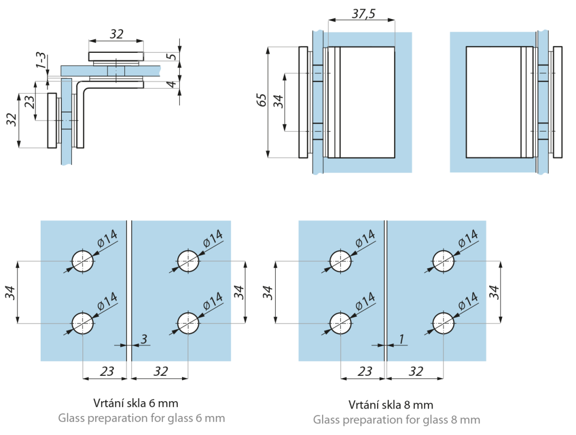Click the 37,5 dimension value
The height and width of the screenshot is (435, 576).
point(363,14)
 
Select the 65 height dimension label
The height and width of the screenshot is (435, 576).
point(261,100)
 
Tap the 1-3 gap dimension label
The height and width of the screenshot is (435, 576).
point(41,61)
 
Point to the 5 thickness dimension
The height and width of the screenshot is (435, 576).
point(171,57)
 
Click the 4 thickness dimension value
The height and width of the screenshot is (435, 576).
point(171,85)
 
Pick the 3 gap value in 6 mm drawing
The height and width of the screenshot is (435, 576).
point(144,339)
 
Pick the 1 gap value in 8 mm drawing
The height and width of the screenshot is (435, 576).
point(401,339)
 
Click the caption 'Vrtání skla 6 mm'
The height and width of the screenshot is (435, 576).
point(135,403)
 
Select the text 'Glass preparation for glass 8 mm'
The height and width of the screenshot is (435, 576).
point(396,420)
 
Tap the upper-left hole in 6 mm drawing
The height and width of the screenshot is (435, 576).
point(83,261)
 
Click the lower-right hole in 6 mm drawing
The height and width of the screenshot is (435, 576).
point(188,323)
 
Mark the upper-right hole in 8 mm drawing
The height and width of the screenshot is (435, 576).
point(443,261)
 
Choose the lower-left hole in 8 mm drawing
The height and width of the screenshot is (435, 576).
point(341,323)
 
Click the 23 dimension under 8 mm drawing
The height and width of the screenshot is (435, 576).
point(365,371)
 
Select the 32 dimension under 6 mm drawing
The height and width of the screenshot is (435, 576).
point(161,371)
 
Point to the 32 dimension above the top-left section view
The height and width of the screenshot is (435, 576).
point(116,34)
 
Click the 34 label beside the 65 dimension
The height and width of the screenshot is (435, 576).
point(278,101)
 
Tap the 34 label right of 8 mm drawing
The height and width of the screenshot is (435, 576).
point(494,292)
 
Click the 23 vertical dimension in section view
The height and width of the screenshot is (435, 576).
point(30,101)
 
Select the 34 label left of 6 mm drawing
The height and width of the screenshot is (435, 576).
point(10,293)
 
